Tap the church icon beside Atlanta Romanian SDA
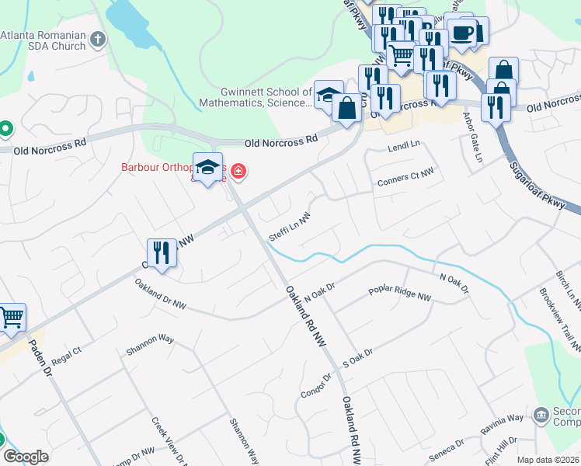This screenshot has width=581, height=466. pyautogui.click(x=97, y=38)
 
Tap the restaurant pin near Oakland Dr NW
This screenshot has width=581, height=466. pyautogui.click(x=161, y=253)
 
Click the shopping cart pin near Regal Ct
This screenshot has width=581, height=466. pyautogui.click(x=11, y=318)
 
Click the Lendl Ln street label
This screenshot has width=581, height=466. pyautogui.click(x=403, y=145)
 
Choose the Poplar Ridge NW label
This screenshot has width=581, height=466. pyautogui.click(x=400, y=297)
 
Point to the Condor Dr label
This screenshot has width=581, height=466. pyautogui.click(x=316, y=387)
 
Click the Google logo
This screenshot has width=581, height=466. pyautogui.click(x=26, y=457)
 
